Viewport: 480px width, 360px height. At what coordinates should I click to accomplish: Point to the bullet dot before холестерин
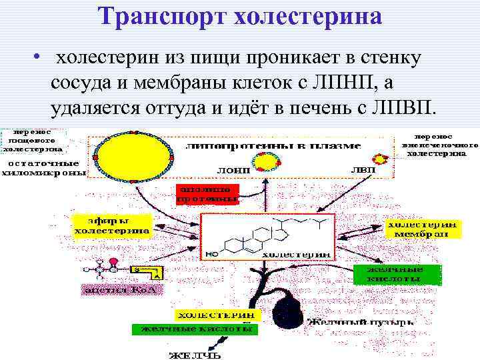(41, 58)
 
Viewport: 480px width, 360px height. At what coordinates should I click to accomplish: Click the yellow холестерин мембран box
(420, 229)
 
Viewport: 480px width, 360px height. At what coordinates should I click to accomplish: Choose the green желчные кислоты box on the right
(397, 274)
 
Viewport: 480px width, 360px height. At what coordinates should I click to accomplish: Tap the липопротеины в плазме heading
(273, 145)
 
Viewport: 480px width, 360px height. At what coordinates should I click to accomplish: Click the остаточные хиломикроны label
(43, 167)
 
